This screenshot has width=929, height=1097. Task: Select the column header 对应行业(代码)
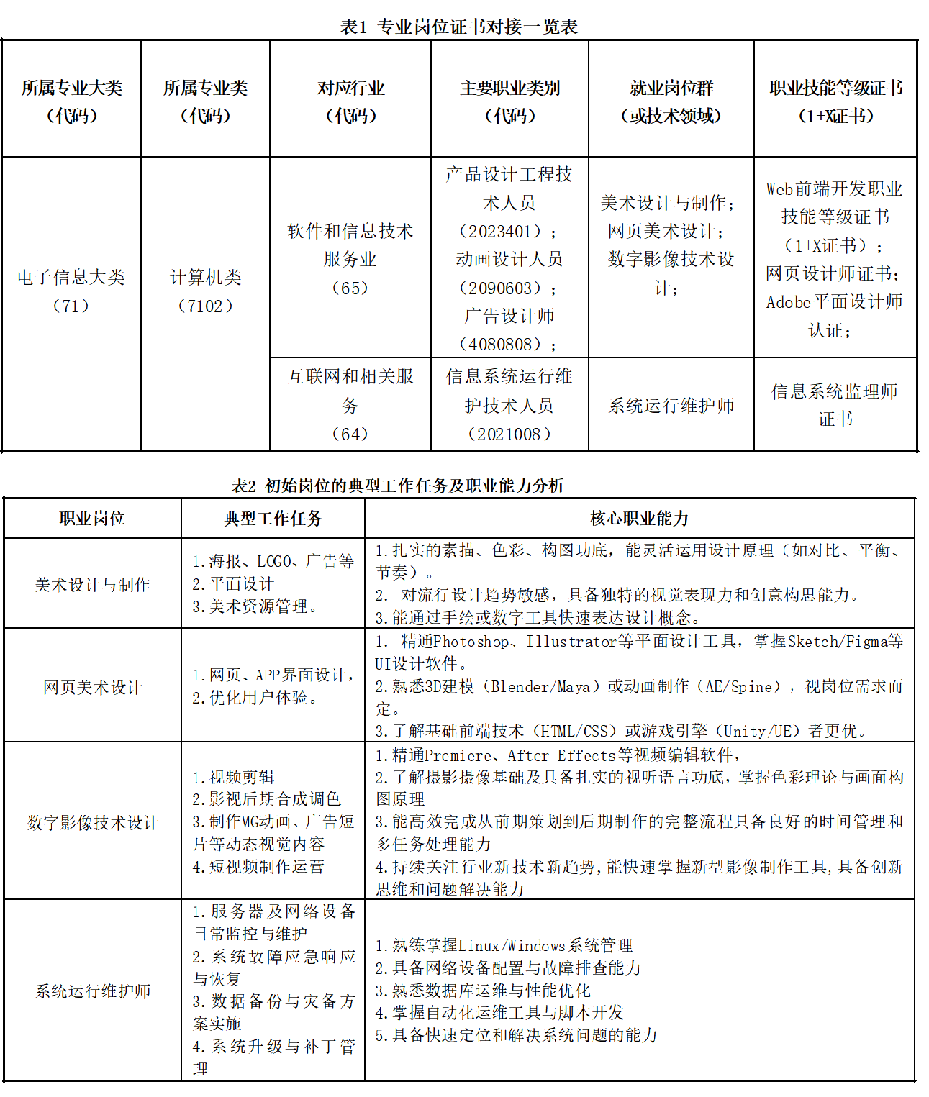pyautogui.click(x=350, y=101)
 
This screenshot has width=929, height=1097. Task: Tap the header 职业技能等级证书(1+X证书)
pyautogui.click(x=835, y=101)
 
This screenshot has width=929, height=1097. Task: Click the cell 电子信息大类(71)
pyautogui.click(x=71, y=291)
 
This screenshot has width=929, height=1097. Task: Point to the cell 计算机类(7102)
pyautogui.click(x=205, y=291)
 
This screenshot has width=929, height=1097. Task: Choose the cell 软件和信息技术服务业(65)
pyautogui.click(x=350, y=259)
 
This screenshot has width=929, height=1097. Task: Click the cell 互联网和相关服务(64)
pyautogui.click(x=350, y=405)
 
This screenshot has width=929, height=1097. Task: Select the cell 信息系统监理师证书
pyautogui.click(x=835, y=405)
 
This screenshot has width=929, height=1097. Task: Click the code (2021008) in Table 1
pyautogui.click(x=509, y=434)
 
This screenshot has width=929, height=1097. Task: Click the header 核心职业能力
pyautogui.click(x=639, y=518)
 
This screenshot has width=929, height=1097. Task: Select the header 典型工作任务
pyautogui.click(x=273, y=518)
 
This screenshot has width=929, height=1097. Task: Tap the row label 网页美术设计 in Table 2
pyautogui.click(x=93, y=688)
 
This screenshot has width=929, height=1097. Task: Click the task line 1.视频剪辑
pyautogui.click(x=234, y=777)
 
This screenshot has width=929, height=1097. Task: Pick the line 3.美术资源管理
pyautogui.click(x=255, y=607)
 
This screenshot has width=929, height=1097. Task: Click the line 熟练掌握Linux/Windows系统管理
pyautogui.click(x=504, y=945)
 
